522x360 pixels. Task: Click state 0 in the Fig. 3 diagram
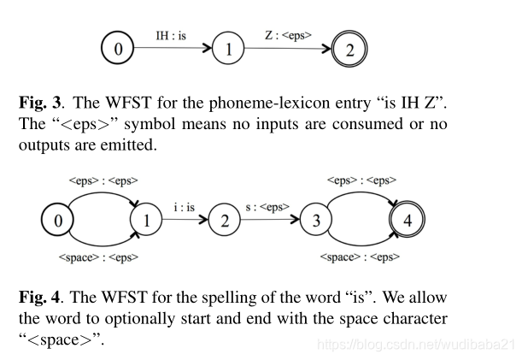tap(117, 49)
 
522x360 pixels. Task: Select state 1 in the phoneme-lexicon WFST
tap(228, 49)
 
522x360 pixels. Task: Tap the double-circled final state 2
tap(349, 49)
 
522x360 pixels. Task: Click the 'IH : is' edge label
tap(171, 36)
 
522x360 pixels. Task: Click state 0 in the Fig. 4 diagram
tap(58, 220)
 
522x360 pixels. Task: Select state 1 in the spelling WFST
tap(146, 220)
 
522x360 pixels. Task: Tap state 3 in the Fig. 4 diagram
tap(317, 220)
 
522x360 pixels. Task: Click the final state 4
tap(407, 220)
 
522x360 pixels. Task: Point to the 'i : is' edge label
tap(185, 208)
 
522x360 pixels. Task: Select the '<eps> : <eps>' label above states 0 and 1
tap(103, 181)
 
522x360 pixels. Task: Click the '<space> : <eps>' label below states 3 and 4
tap(362, 257)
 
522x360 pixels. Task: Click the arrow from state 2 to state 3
tap(272, 220)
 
